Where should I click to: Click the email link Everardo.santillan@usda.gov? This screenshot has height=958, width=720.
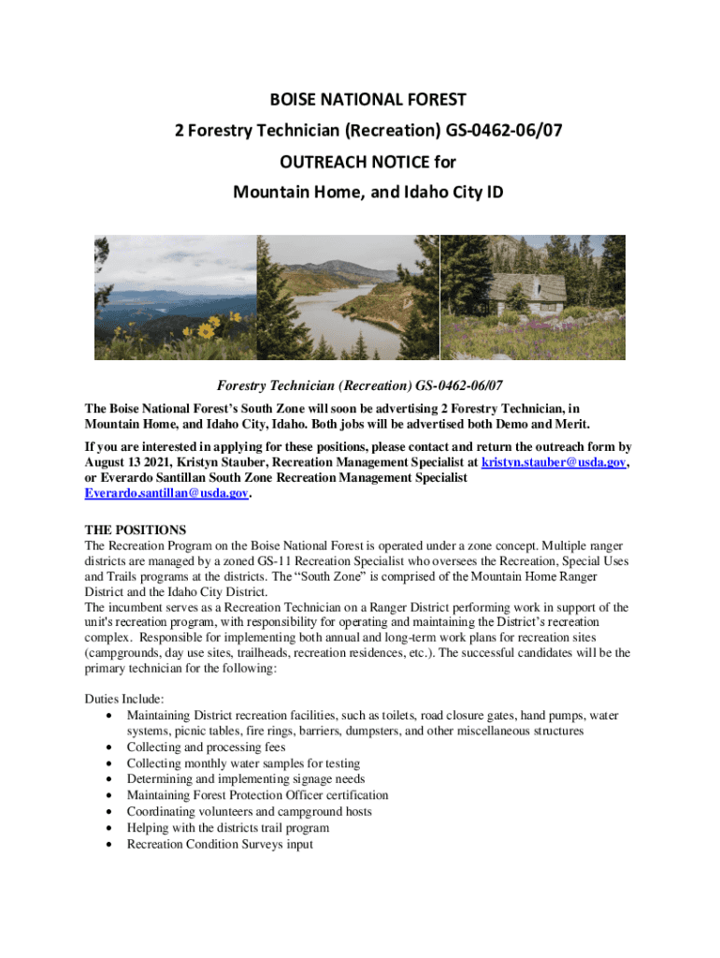point(166,493)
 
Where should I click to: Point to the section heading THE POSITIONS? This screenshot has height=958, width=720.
point(136,530)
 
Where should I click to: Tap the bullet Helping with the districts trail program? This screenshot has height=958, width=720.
point(227,828)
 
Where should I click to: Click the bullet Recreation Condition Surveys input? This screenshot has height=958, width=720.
point(220,844)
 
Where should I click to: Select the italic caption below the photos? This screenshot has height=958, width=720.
point(361,385)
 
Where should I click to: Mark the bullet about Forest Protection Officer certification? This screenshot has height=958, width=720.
point(257,795)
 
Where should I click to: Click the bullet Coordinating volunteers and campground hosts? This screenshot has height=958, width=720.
point(249,811)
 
